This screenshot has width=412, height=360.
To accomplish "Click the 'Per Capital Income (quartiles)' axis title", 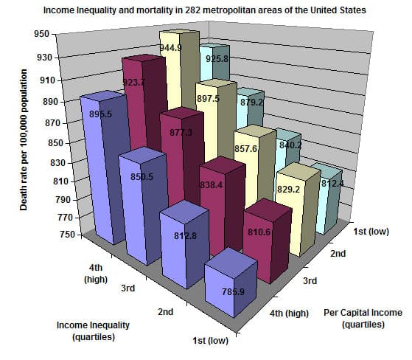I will coord(363,317).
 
